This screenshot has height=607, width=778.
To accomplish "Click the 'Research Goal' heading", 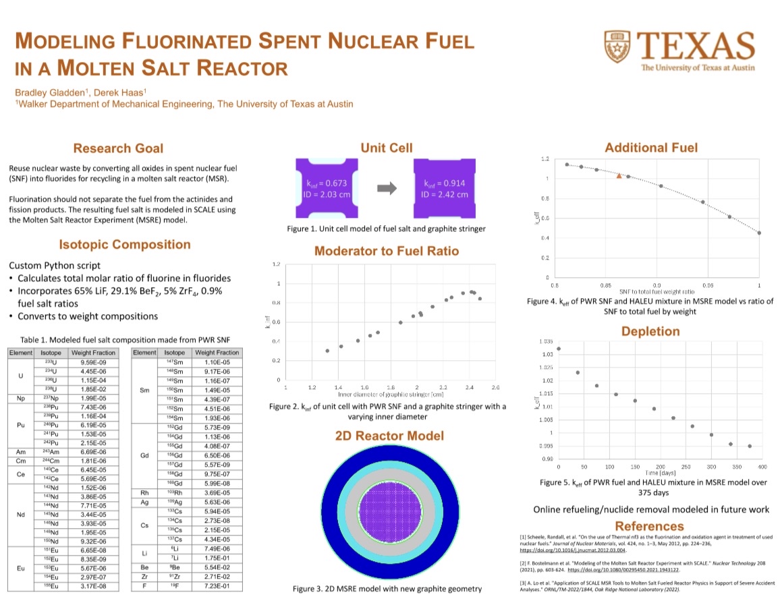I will [118, 148].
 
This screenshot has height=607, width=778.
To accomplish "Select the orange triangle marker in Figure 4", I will [619, 175].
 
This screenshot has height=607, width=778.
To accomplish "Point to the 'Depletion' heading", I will [650, 331].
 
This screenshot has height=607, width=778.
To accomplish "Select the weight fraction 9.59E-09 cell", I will [94, 362].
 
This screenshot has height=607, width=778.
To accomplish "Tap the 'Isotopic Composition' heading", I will [125, 245].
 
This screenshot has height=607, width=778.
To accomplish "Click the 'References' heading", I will [650, 526].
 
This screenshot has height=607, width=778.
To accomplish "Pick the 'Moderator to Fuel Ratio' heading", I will [387, 251].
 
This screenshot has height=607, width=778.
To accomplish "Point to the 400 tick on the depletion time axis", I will [762, 467].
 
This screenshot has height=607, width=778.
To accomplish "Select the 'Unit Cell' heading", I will [386, 148].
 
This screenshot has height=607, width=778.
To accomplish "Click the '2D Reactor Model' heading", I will [390, 436].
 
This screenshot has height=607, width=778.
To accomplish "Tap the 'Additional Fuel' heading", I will [651, 148].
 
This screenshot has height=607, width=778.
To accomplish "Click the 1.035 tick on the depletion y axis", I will [546, 342].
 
